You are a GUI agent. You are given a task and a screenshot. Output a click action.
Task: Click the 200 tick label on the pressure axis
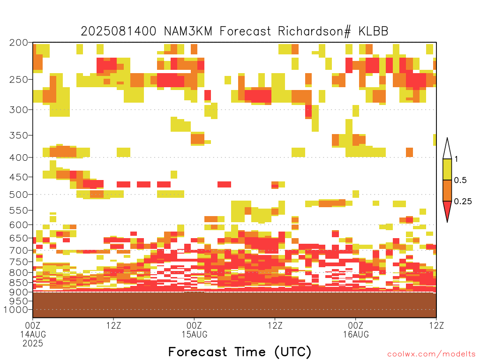click(x=18, y=43)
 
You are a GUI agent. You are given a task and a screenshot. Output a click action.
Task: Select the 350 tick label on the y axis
click(x=18, y=135)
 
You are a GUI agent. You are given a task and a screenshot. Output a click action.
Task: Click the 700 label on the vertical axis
click(x=18, y=250)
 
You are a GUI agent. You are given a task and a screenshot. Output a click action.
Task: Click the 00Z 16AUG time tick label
click(x=356, y=330)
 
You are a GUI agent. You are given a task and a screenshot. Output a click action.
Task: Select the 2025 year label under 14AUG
click(x=33, y=343)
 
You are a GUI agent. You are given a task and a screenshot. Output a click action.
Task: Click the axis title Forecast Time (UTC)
click(x=240, y=352)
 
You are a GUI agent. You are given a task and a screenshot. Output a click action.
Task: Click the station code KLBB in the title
click(x=373, y=31)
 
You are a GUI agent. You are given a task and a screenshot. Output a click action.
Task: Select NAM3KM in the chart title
click(x=188, y=31)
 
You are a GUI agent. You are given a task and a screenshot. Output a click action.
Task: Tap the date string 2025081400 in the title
click(x=119, y=31)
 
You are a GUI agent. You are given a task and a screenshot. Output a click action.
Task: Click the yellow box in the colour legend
click(x=447, y=169)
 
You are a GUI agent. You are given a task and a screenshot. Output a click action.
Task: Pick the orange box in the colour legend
click(x=447, y=190)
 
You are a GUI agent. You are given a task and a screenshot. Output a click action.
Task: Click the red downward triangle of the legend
click(x=447, y=210)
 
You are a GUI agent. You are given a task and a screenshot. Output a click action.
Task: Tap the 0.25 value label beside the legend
click(x=463, y=202)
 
